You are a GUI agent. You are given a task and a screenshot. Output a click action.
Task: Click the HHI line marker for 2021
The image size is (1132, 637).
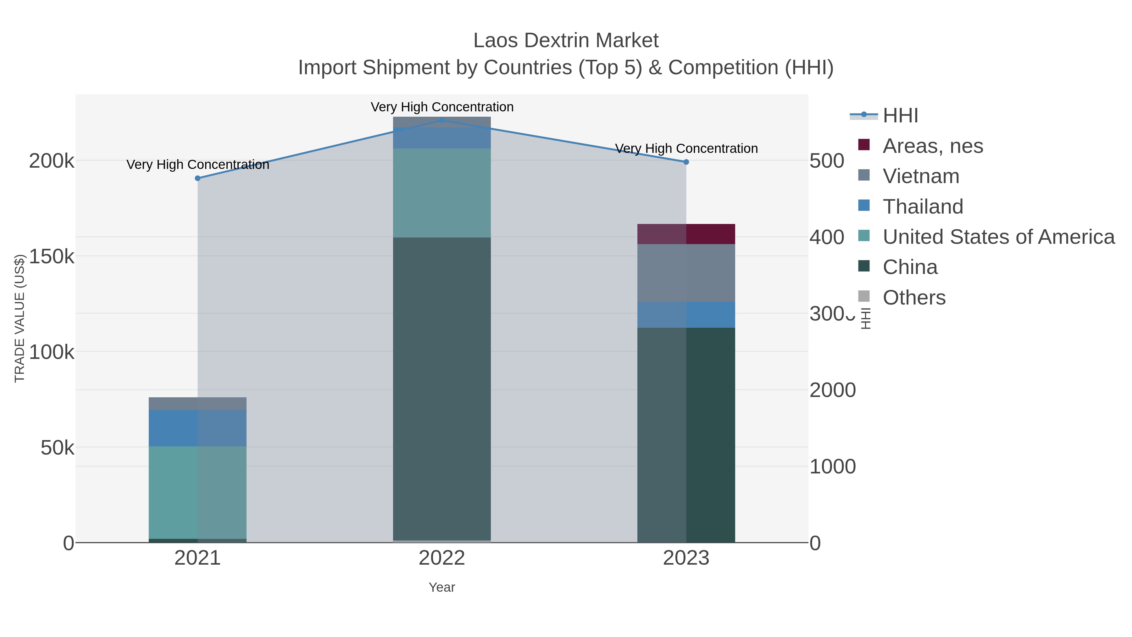(x=198, y=178)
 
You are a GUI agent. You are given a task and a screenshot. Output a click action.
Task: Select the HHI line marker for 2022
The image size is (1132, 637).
(x=442, y=120)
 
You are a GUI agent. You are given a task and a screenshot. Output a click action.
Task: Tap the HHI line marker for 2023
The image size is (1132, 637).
(x=686, y=162)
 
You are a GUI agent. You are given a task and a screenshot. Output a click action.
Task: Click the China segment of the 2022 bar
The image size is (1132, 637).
(x=442, y=387)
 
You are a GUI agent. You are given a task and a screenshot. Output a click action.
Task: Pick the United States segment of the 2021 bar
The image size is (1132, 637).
(x=198, y=492)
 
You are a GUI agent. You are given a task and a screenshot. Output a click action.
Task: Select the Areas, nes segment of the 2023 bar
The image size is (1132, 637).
(x=686, y=234)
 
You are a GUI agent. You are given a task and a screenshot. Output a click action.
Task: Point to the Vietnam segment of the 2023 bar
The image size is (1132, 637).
(x=686, y=272)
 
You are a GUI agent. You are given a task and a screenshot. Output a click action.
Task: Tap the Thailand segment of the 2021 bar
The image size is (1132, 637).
(x=198, y=428)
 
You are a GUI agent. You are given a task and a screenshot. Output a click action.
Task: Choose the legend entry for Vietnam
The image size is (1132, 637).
(x=921, y=176)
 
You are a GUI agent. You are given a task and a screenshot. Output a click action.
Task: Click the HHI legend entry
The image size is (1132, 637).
(x=900, y=116)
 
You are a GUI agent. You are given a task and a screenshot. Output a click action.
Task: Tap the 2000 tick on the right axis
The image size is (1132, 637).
(x=832, y=390)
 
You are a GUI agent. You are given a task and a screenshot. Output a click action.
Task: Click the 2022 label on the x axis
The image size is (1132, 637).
(x=442, y=558)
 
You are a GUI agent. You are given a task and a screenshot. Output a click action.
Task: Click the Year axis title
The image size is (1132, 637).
(x=442, y=587)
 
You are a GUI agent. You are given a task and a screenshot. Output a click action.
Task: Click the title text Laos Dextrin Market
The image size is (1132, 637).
(x=566, y=41)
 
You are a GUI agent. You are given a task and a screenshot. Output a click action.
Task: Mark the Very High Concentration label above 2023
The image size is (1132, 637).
(x=686, y=148)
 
